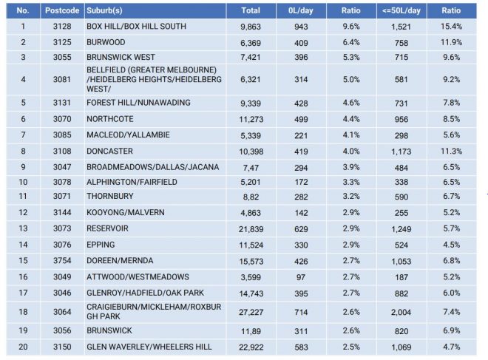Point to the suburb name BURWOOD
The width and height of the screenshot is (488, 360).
pos(107,42)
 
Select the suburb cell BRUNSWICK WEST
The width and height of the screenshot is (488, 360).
pos(120,56)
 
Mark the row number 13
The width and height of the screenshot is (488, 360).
pos(23,228)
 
